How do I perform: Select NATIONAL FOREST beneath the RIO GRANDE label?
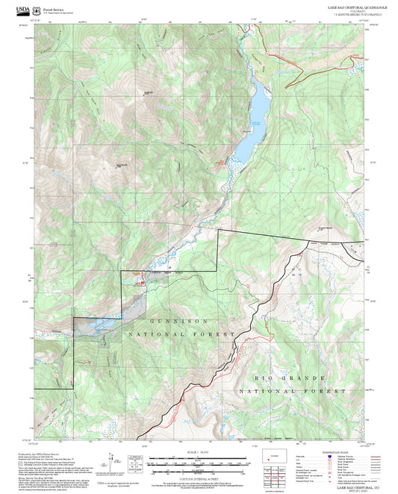coord(293,391)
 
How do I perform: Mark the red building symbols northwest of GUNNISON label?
coord(137,281)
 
